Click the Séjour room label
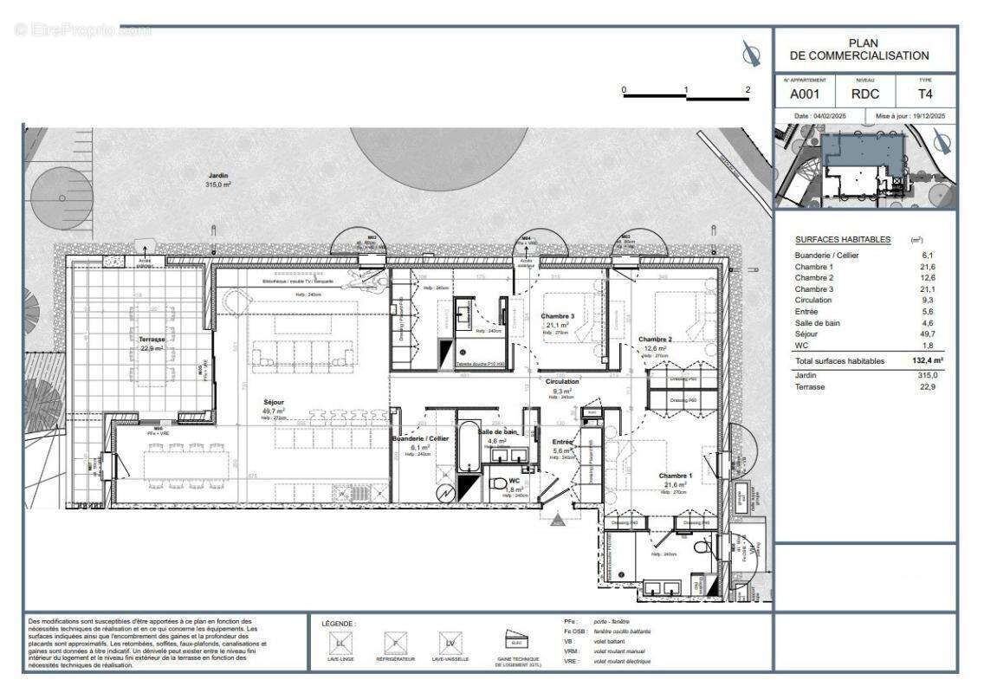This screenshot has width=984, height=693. coord(275,402)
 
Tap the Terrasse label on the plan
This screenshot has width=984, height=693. coord(152,340)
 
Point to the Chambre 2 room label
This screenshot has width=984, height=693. coord(655,339)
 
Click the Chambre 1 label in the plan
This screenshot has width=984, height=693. coord(676,476)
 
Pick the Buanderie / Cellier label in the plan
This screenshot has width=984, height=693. coord(419,439)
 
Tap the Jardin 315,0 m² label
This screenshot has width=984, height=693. coord(217,176)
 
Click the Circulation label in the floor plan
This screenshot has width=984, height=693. coord(562,381)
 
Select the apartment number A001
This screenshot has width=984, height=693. coord(803,94)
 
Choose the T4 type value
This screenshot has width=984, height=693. coord(925,94)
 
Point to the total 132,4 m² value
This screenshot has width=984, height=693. coord(926,360)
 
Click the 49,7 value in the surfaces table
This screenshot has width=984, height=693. coord(929,334)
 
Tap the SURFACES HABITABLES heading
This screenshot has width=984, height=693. coord(842,239)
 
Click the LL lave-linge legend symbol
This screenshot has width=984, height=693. coord(340,643)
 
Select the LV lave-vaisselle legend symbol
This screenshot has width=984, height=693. coord(450,643)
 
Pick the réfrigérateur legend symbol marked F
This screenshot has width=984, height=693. coord(395,643)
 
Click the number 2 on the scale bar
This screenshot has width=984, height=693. coord(747,89)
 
